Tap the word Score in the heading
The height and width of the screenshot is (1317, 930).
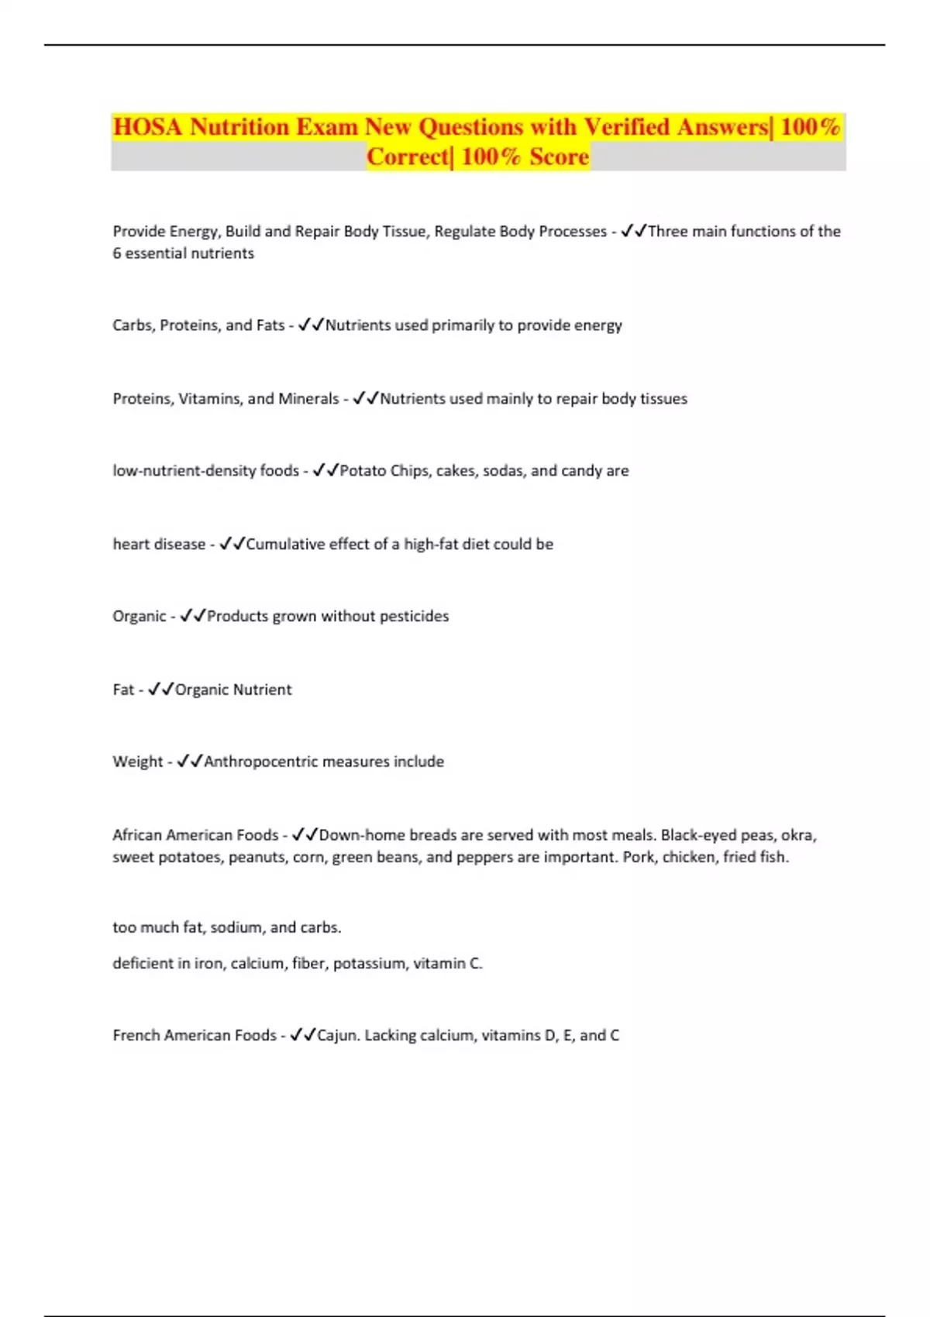(x=559, y=157)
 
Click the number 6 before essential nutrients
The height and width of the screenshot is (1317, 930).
(x=117, y=253)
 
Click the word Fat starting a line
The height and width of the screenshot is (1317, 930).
(x=123, y=689)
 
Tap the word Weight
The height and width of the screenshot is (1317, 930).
(x=137, y=762)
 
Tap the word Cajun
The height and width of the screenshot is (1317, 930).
(x=336, y=1036)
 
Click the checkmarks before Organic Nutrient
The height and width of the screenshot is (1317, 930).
(x=161, y=689)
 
